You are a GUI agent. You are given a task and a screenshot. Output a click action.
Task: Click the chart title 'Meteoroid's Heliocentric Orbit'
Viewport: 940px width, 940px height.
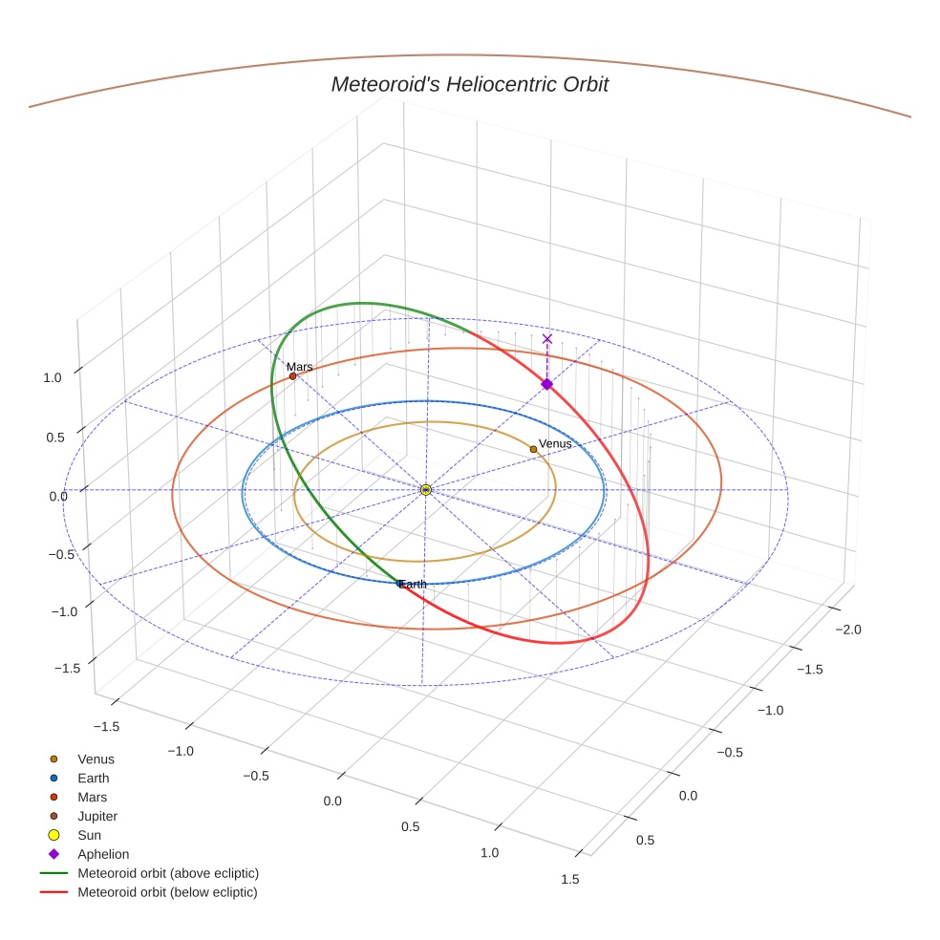pyautogui.click(x=469, y=85)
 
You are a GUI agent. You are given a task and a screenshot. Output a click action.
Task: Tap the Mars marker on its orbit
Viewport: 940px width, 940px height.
pyautogui.click(x=292, y=376)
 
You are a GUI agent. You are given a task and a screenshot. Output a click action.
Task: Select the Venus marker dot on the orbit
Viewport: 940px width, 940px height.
pyautogui.click(x=533, y=449)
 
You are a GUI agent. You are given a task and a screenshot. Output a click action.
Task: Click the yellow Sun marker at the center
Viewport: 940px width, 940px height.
pyautogui.click(x=426, y=490)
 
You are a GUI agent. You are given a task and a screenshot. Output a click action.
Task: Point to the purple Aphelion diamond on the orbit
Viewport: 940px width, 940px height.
pyautogui.click(x=546, y=384)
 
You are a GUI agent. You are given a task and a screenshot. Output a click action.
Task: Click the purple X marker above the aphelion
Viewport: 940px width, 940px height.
pyautogui.click(x=547, y=338)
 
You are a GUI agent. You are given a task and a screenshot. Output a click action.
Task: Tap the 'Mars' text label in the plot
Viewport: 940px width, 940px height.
pyautogui.click(x=300, y=367)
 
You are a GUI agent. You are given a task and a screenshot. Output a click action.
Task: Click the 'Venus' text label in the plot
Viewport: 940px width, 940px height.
pyautogui.click(x=555, y=444)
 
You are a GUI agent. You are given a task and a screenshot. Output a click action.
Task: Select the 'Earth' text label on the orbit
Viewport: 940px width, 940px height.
pyautogui.click(x=414, y=584)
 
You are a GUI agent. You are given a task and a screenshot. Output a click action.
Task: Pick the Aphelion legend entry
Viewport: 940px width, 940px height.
pyautogui.click(x=102, y=854)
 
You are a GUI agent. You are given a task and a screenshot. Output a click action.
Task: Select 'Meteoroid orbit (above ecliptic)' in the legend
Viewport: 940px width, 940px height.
pyautogui.click(x=168, y=873)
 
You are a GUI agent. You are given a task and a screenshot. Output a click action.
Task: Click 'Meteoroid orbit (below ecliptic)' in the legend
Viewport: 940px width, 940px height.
pyautogui.click(x=167, y=892)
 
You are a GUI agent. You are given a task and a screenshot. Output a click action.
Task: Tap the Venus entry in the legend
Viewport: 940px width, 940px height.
pyautogui.click(x=96, y=758)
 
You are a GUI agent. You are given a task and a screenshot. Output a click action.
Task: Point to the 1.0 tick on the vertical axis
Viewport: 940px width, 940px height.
pyautogui.click(x=52, y=377)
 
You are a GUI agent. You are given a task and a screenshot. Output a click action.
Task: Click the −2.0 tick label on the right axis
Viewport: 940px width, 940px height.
pyautogui.click(x=848, y=630)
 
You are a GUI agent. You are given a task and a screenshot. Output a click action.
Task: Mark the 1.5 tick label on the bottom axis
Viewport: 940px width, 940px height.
pyautogui.click(x=569, y=879)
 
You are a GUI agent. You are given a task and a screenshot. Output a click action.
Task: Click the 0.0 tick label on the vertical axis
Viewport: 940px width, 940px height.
pyautogui.click(x=58, y=496)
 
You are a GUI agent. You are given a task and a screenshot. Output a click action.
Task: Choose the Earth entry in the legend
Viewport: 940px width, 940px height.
pyautogui.click(x=93, y=778)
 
